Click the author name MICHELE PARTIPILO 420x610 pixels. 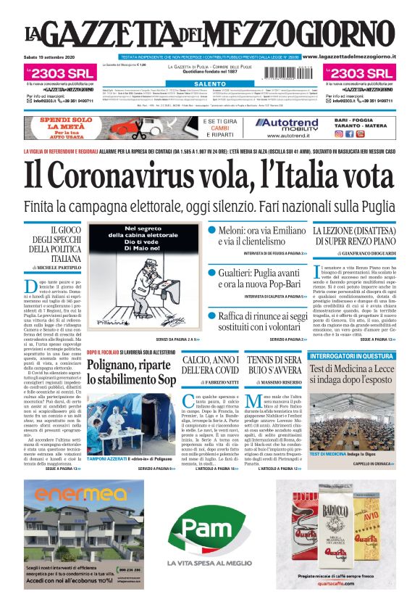[x=56, y=268]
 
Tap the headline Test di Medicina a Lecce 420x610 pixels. [x=351, y=374]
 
